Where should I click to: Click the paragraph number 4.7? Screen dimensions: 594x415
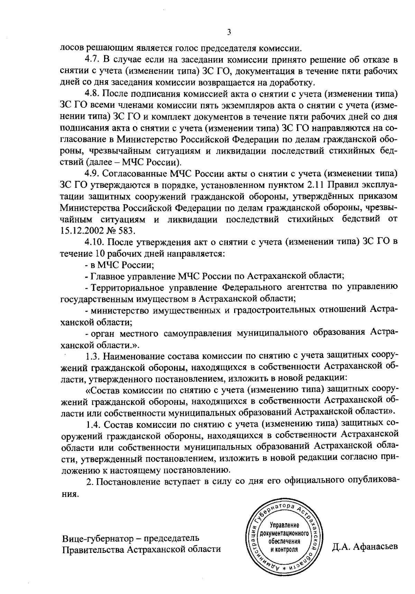pyautogui.click(x=93, y=60)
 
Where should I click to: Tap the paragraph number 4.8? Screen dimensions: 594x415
pyautogui.click(x=93, y=94)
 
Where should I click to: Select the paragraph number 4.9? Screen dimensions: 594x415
pyautogui.click(x=93, y=173)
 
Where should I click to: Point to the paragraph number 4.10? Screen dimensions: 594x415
pyautogui.click(x=95, y=242)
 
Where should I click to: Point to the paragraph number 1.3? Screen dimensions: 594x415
pyautogui.click(x=93, y=356)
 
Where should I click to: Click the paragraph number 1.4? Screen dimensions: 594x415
pyautogui.click(x=93, y=423)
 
